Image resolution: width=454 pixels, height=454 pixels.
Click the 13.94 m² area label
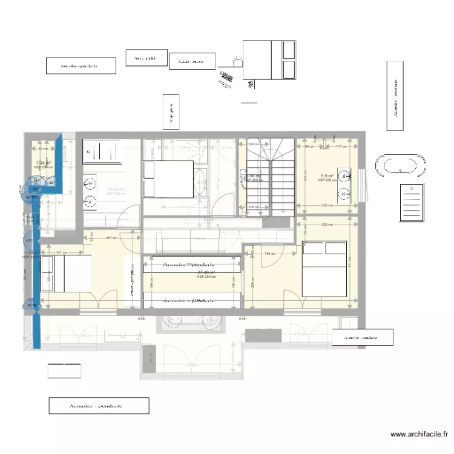116,189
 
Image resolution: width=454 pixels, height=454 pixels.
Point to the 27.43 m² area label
207,273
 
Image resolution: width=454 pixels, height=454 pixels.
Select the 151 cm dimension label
61,252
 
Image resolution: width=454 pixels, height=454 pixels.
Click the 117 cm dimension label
343,146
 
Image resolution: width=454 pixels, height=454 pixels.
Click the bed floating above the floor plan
270,59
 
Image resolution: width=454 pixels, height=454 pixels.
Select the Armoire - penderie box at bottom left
99,406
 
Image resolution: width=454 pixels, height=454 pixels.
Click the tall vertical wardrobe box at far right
395,96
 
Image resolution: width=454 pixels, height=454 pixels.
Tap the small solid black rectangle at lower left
64,370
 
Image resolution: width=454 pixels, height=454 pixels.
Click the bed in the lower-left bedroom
66,273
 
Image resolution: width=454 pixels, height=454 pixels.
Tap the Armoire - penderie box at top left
81,65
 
